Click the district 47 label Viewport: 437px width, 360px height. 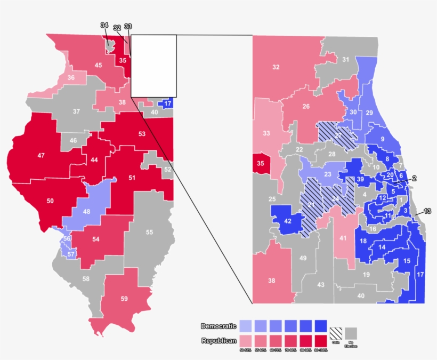[x=41, y=155]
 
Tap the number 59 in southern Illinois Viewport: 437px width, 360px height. [x=124, y=299]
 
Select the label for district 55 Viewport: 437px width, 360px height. [x=149, y=232]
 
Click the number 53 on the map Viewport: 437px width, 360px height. [x=142, y=133]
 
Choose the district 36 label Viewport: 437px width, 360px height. [x=71, y=77]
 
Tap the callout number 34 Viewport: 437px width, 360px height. [x=104, y=26]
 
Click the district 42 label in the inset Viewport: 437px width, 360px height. [x=288, y=220]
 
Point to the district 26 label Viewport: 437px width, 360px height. [x=306, y=107]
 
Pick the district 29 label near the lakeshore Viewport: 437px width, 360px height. [x=369, y=113]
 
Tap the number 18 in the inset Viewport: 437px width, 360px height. [x=363, y=241]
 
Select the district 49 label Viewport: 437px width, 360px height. [x=303, y=258]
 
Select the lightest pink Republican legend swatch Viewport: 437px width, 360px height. [x=246, y=340]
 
